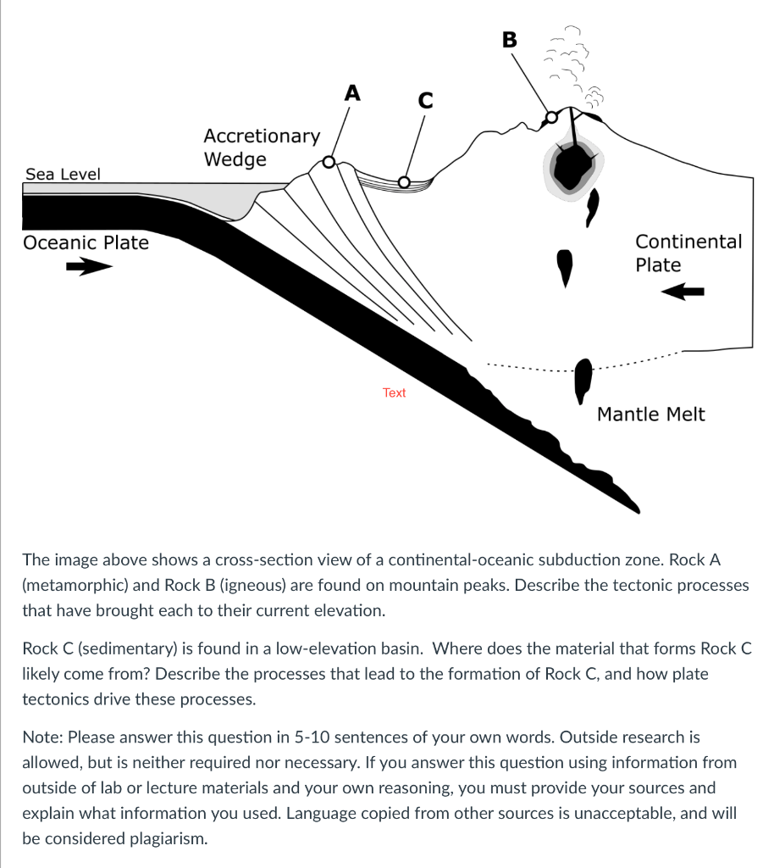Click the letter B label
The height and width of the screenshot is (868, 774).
coord(509,39)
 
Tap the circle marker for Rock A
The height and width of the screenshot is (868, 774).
coord(329,161)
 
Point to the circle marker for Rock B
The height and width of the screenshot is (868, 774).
coord(551,117)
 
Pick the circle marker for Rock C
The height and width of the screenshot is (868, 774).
coord(404,181)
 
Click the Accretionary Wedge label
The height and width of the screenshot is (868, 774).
coord(261,147)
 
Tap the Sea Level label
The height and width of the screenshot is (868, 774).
coord(63,175)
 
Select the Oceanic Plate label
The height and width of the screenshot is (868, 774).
coord(86,243)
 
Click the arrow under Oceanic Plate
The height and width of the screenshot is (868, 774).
coord(89,268)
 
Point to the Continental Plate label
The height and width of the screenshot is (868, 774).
coord(688,253)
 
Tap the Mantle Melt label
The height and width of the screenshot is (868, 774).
coord(650,415)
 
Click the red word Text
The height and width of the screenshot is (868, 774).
coord(394,393)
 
